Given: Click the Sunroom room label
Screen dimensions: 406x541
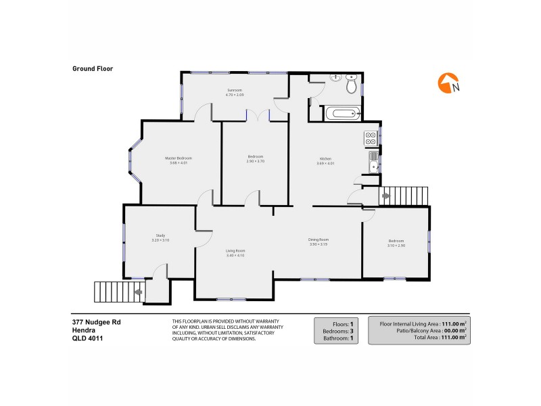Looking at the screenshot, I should click(235, 90).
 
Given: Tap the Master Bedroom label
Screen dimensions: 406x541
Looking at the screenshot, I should click(179, 158).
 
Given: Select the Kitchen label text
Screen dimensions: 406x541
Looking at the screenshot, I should click(326, 159).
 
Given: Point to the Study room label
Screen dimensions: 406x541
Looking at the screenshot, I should click(160, 235).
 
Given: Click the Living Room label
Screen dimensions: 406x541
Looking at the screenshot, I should click(235, 250).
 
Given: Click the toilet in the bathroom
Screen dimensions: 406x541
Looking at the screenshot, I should click(351, 85).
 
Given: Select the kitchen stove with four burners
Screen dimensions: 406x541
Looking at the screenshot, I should click(371, 138).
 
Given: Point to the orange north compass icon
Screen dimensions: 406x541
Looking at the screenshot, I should click(447, 83).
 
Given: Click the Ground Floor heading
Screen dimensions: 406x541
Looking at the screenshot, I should click(92, 68).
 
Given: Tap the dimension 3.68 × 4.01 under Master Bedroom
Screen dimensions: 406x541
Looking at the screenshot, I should click(179, 163).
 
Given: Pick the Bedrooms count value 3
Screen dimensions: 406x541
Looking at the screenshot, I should click(353, 331).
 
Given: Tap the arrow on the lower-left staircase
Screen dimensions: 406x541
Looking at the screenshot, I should click(139, 292).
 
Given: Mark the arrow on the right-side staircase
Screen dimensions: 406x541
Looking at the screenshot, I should click(386, 196).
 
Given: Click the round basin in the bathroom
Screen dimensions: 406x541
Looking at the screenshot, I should click(335, 78).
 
